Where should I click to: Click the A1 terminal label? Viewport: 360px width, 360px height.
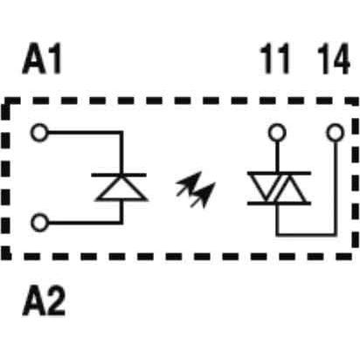[42, 59]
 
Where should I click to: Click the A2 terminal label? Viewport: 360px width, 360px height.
[44, 301]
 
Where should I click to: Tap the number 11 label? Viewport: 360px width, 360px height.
[275, 59]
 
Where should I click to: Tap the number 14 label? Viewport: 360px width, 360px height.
[333, 59]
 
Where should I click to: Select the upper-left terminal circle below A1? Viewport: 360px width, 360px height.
[39, 133]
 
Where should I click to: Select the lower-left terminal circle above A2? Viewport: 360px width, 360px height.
[39, 223]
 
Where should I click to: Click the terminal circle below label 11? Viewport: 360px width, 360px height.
[277, 133]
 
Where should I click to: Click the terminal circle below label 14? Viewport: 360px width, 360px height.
[336, 133]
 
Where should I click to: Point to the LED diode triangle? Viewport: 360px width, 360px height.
[121, 189]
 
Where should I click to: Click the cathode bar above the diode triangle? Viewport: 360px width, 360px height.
[119, 175]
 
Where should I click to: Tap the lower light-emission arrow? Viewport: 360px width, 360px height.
[203, 195]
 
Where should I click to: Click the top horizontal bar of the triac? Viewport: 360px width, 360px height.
[279, 173]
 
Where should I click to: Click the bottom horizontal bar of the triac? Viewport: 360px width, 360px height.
[279, 203]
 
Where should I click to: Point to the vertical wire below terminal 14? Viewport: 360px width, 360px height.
[336, 188]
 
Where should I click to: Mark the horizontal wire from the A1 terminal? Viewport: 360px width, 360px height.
[84, 133]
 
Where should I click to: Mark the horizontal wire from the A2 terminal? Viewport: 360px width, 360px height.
[85, 223]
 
